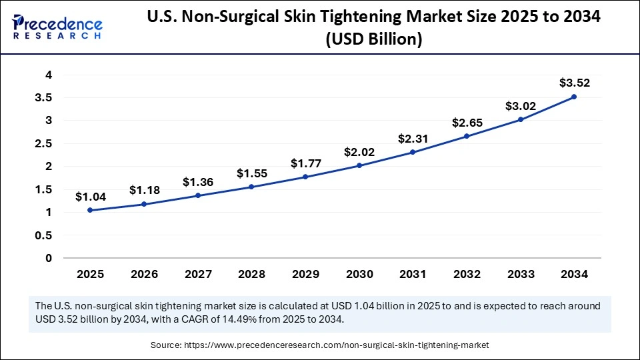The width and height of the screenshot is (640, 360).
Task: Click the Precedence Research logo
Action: coord(57,27)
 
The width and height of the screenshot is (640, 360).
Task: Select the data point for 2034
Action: coord(574,97)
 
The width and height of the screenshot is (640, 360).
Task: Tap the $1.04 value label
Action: coord(89,197)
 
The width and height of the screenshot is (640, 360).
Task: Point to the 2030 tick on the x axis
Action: coord(359,273)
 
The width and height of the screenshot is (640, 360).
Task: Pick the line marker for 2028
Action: coord(251,187)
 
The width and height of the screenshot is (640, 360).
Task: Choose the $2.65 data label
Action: coord(466,123)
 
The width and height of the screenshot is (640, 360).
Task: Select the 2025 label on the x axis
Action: coord(90,273)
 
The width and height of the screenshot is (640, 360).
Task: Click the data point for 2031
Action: coord(413,152)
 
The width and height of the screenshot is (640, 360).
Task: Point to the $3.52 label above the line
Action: coord(574,83)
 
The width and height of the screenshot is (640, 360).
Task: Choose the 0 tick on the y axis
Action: coord(48,258)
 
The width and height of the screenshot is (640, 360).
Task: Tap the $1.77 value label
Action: coord(305,163)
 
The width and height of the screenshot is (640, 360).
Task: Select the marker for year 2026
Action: coord(144,204)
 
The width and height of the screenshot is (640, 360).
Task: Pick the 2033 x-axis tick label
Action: coord(520,273)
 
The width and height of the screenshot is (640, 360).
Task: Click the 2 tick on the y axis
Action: coord(48,167)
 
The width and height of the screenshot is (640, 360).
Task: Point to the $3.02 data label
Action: coord(520,105)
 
